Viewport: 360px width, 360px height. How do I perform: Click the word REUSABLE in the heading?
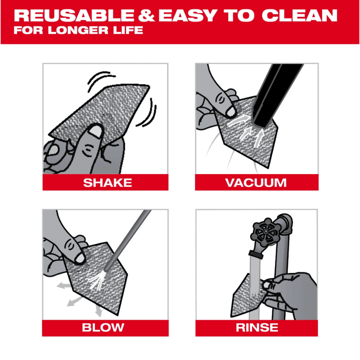[x=74, y=16]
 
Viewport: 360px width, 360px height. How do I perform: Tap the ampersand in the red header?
[x=146, y=16]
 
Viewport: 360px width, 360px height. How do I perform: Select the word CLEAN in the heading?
[x=299, y=16]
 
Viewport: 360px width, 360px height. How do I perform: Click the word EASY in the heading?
[x=188, y=16]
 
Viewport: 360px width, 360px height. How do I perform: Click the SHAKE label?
[x=108, y=183]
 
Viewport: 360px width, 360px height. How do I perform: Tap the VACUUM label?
[x=256, y=183]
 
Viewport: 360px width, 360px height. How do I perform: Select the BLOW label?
[x=103, y=328]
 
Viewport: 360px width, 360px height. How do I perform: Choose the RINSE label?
[x=257, y=328]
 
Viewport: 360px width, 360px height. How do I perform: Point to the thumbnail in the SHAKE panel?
[x=95, y=131]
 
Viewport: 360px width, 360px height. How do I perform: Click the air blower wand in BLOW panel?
[x=128, y=240]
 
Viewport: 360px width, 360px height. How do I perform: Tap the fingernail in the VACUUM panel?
[x=230, y=112]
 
